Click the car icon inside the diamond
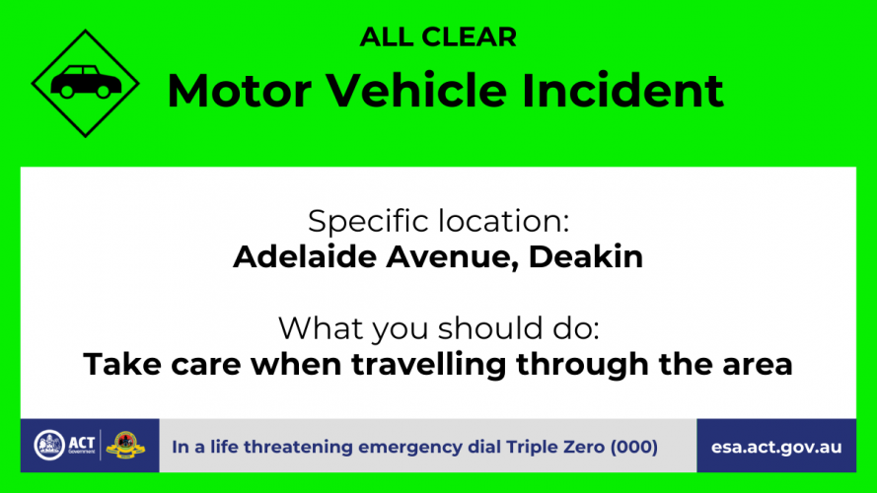(x=86, y=82)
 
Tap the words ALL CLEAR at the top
(x=438, y=37)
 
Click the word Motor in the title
(x=240, y=91)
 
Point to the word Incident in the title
(x=622, y=90)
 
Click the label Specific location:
(x=438, y=221)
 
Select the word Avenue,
(x=452, y=257)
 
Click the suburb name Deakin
(x=586, y=256)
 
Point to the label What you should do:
(x=438, y=328)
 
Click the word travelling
(x=428, y=365)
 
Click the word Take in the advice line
(x=122, y=365)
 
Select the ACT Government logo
(x=64, y=445)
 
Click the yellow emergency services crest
(x=125, y=445)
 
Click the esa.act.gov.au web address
(x=776, y=448)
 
